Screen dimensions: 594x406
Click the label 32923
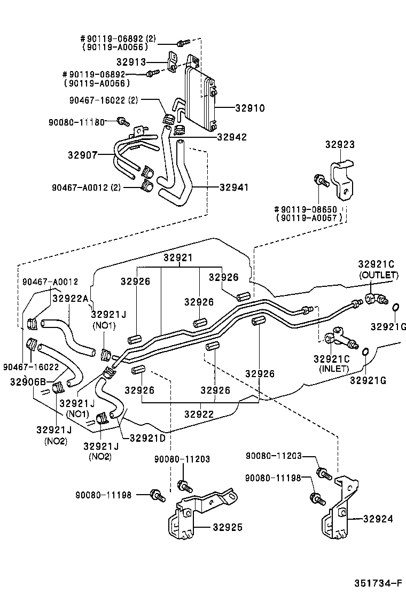pyautogui.click(x=340, y=145)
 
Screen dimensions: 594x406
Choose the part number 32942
pyautogui.click(x=232, y=137)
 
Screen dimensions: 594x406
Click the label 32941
pyautogui.click(x=234, y=187)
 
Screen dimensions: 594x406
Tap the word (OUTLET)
pyautogui.click(x=378, y=275)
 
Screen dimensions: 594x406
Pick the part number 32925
pyautogui.click(x=228, y=527)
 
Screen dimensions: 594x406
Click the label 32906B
pyautogui.click(x=28, y=381)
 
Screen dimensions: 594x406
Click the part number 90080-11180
pyautogui.click(x=76, y=122)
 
